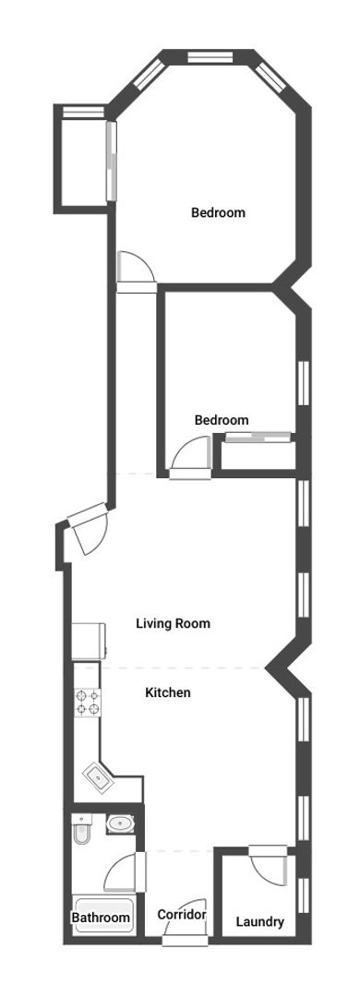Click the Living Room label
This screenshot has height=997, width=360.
[173, 623]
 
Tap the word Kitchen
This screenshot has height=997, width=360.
[168, 692]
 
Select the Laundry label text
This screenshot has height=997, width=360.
[259, 922]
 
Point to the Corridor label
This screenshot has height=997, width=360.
[181, 915]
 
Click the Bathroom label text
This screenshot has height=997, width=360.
[101, 919]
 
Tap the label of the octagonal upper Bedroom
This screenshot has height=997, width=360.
[218, 212]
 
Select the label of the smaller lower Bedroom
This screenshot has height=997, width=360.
[222, 420]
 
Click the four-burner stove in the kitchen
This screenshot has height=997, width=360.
[87, 703]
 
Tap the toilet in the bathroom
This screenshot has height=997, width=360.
[81, 831]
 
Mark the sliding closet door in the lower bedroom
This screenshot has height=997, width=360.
[258, 437]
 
